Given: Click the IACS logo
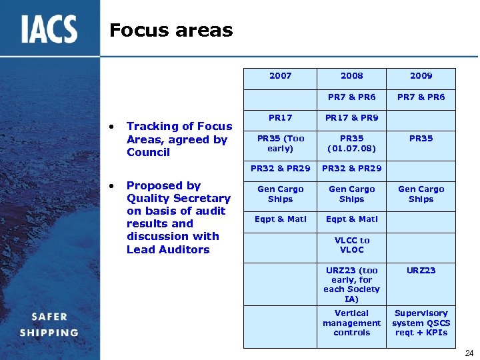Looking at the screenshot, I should click(x=49, y=29).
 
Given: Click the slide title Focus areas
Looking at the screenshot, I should click(x=171, y=30).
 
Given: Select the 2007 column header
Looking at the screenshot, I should click(x=280, y=76).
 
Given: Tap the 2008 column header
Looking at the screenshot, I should click(x=351, y=76).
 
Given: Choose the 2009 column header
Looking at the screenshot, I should click(x=421, y=76).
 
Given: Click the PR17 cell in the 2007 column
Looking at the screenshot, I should click(x=280, y=118).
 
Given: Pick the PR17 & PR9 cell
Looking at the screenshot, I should click(x=351, y=118).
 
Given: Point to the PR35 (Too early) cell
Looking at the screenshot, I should click(x=280, y=143).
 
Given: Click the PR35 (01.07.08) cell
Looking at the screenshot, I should click(x=351, y=143).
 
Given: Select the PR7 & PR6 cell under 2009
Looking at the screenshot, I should click(x=421, y=97).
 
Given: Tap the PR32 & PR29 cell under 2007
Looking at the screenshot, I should click(x=280, y=169).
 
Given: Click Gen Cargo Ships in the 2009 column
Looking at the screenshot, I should click(x=421, y=194).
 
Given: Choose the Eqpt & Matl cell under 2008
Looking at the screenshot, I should click(x=351, y=219).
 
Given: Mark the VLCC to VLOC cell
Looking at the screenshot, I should click(x=351, y=245).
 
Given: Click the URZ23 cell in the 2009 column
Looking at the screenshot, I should click(x=421, y=271).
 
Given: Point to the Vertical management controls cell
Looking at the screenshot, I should click(x=351, y=323).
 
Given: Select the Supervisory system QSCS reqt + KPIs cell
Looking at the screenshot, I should click(x=421, y=323).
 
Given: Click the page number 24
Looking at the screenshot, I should click(x=468, y=353).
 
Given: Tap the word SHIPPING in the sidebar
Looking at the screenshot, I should click(x=49, y=333).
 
